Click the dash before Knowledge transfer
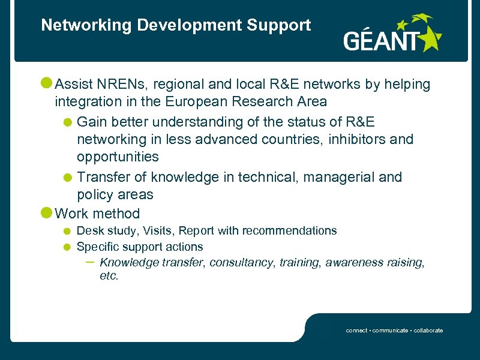click(x=89, y=262)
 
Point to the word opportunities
click(x=118, y=157)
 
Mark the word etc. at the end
click(x=109, y=277)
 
